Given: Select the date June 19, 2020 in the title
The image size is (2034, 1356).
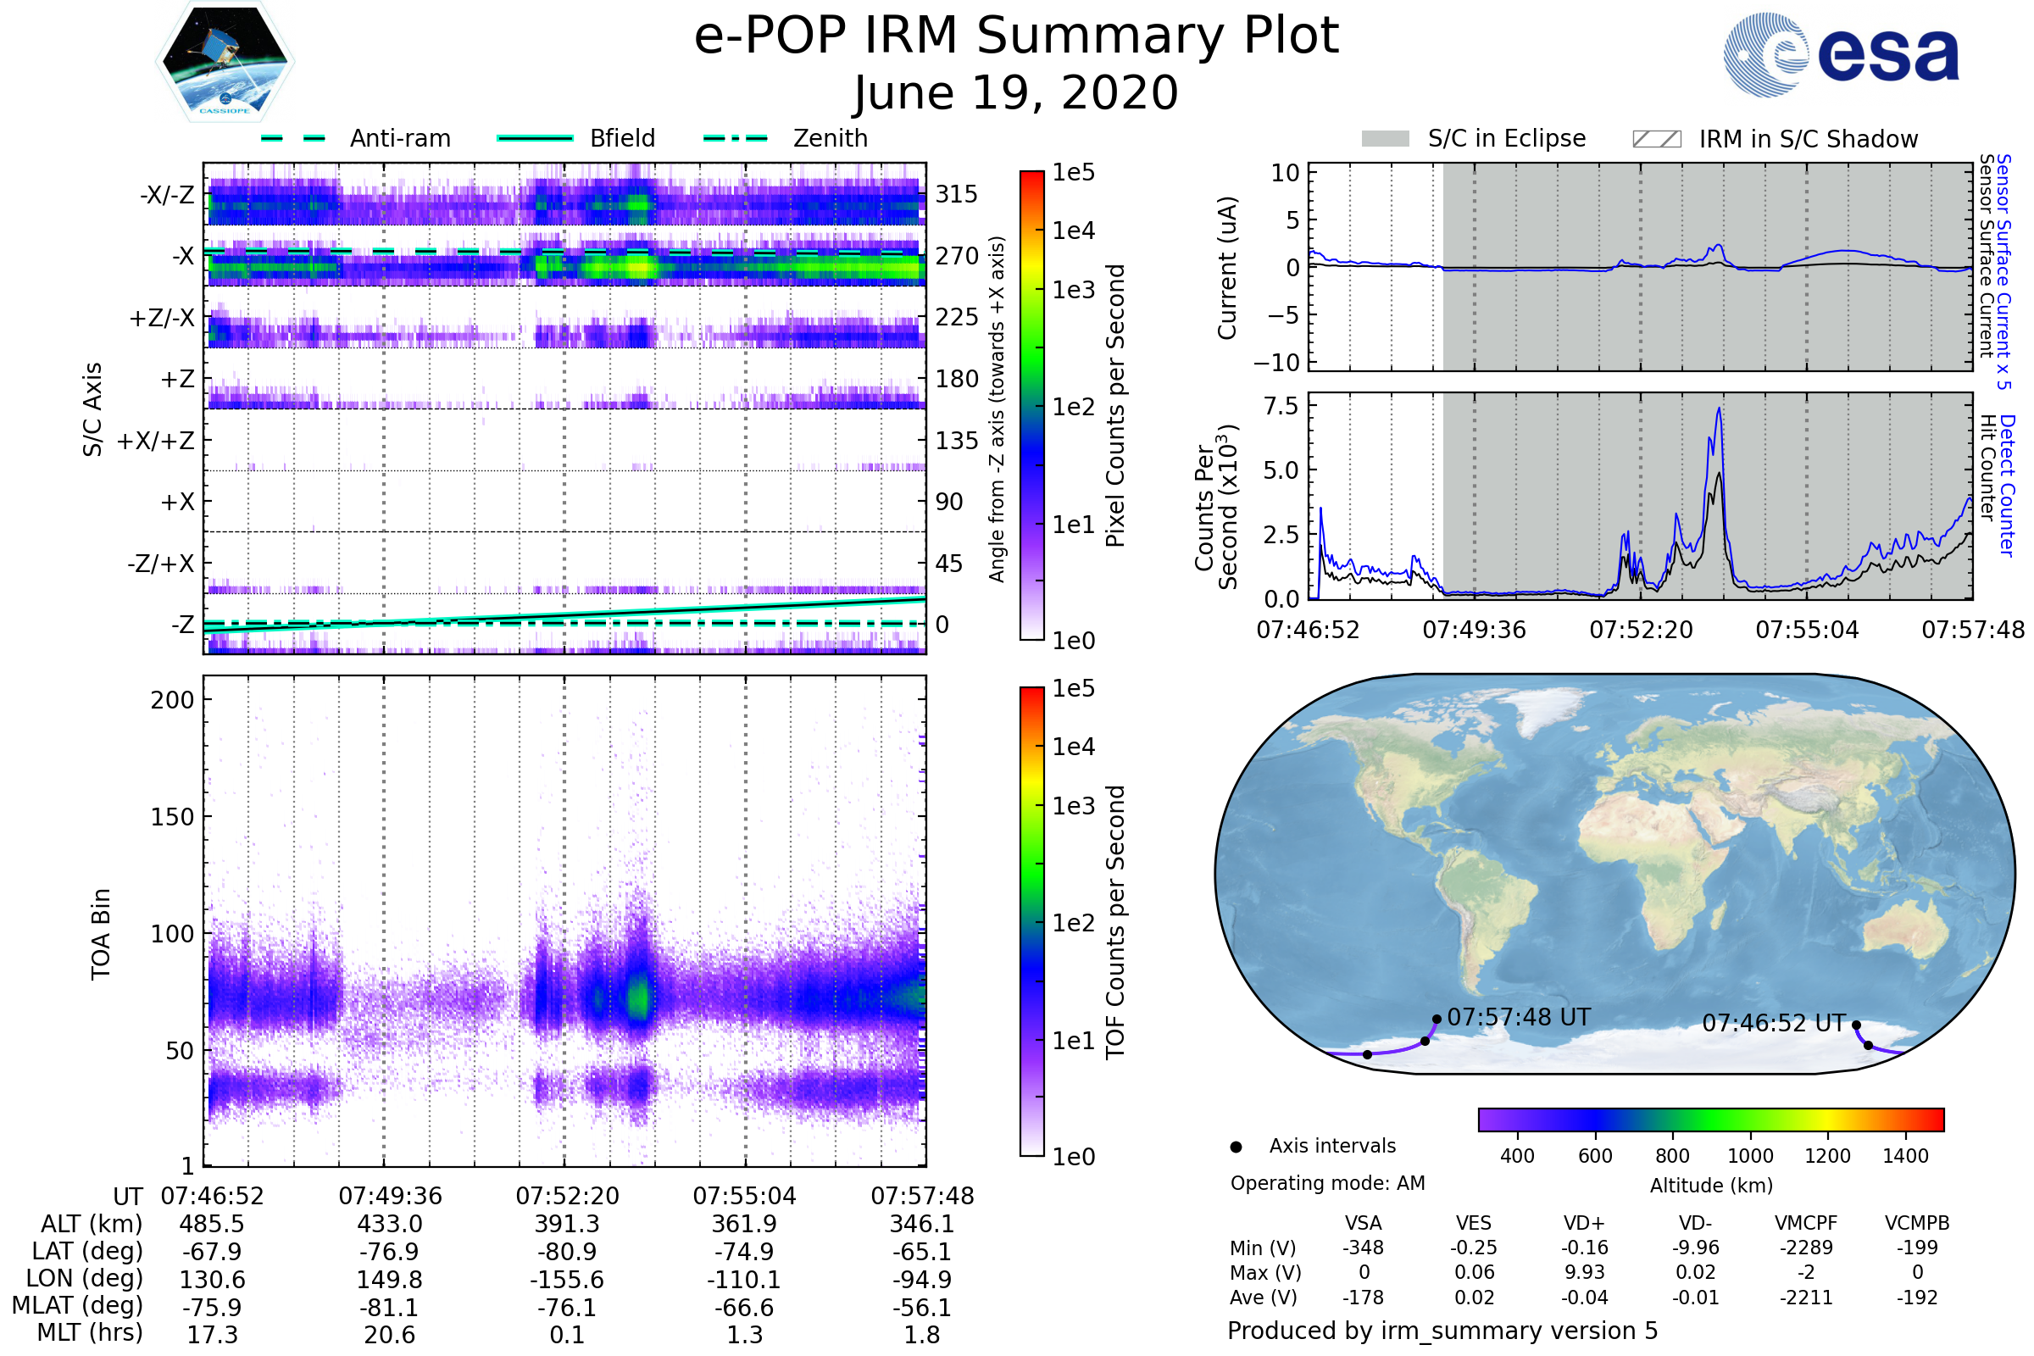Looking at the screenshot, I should [x=1016, y=93].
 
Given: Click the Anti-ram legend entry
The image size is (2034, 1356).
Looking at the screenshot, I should [x=399, y=138].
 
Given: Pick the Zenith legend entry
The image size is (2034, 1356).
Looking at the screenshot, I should [x=831, y=138].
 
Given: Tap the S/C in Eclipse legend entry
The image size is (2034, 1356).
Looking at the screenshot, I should [x=1507, y=138].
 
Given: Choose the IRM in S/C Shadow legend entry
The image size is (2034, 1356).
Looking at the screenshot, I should [x=1808, y=139].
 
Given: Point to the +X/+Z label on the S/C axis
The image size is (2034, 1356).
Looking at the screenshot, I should [x=156, y=441].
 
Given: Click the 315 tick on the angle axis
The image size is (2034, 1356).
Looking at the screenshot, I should [x=957, y=194].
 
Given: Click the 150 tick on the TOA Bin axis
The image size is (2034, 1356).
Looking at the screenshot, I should [x=172, y=817].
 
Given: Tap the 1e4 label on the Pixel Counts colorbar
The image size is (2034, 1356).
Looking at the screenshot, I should [x=1073, y=231].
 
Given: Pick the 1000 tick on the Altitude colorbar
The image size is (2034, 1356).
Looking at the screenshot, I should [x=1749, y=1156].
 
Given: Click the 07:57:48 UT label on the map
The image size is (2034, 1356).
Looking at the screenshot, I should [x=1519, y=1017].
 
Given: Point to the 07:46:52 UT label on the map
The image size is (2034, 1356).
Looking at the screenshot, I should [x=1774, y=1023].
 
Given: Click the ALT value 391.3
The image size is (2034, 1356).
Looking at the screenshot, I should [x=567, y=1225].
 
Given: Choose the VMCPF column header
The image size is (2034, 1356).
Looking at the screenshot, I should [x=1806, y=1223].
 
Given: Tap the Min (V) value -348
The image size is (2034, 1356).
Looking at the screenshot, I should [x=1363, y=1248].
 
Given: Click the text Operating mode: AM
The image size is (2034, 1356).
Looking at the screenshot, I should [x=1327, y=1183].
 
